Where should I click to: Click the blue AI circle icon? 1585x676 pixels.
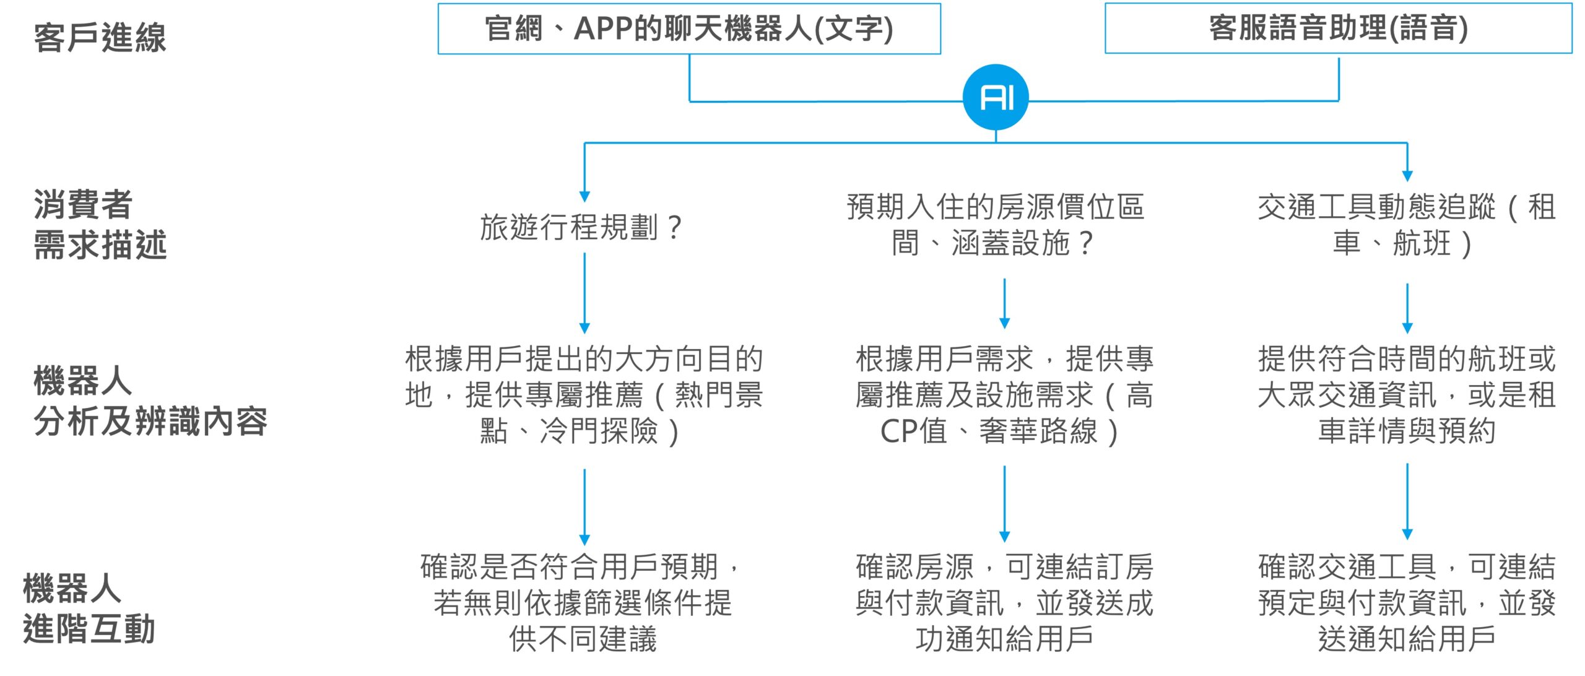(x=996, y=97)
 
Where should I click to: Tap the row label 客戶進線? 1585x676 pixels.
(x=100, y=37)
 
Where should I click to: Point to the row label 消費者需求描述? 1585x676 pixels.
(x=100, y=224)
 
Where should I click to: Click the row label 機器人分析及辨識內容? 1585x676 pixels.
(x=150, y=401)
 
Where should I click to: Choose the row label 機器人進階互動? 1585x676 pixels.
(x=89, y=608)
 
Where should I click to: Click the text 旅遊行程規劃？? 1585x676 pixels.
(x=581, y=227)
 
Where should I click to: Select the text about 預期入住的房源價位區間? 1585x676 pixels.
(x=995, y=224)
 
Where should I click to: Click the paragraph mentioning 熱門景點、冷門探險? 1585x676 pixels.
(x=584, y=394)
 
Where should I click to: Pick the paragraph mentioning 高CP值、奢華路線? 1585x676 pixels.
(x=1004, y=394)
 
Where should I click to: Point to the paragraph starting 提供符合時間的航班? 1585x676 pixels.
(x=1407, y=394)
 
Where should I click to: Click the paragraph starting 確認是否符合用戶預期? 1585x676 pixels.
(x=581, y=602)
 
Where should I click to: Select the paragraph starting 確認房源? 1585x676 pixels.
(x=1004, y=602)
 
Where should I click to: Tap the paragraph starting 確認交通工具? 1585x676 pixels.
(x=1407, y=602)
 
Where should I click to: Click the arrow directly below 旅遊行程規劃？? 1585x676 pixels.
(x=584, y=293)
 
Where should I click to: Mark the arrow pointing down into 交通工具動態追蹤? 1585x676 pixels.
(x=1407, y=162)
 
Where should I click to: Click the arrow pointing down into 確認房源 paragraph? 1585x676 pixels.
(x=1004, y=504)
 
